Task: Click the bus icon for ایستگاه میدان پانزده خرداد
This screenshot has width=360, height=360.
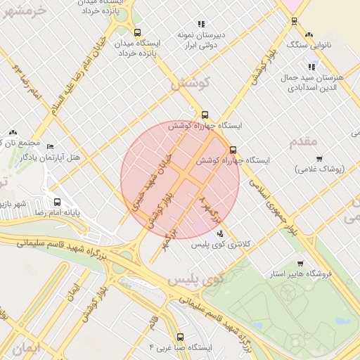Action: tap(137, 32)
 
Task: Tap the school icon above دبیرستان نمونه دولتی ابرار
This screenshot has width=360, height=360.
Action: tap(201, 24)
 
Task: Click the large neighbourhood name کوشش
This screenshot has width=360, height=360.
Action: tap(191, 84)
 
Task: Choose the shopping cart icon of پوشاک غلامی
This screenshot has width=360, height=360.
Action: tap(319, 159)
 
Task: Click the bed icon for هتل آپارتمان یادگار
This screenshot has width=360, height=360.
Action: tap(49, 146)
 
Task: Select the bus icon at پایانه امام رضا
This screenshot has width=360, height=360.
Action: tap(57, 202)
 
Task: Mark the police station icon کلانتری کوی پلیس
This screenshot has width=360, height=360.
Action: tap(221, 233)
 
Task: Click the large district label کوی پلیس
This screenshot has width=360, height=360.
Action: tap(195, 278)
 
